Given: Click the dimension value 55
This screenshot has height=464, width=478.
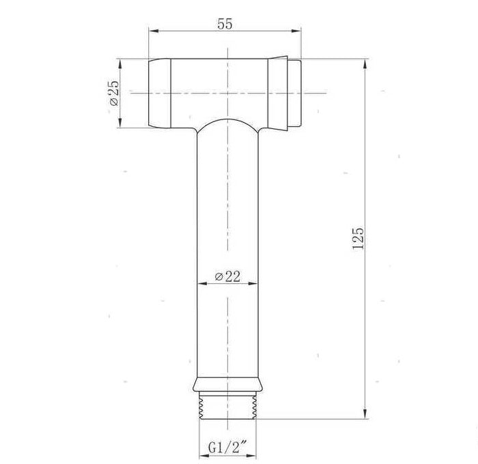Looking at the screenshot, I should [x=225, y=22].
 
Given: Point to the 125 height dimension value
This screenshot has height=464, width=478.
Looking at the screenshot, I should [x=358, y=239].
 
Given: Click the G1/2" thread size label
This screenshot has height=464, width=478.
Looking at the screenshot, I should [x=227, y=448].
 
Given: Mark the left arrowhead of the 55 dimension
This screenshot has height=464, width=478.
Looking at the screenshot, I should [x=152, y=31].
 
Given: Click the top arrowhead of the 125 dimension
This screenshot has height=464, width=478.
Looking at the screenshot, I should [x=367, y=62].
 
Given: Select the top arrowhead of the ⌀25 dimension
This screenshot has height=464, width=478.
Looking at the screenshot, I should [x=121, y=62].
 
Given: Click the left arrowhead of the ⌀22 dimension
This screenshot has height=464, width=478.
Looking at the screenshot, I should [x=199, y=283].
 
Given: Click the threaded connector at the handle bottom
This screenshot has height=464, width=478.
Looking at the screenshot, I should [x=227, y=404].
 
